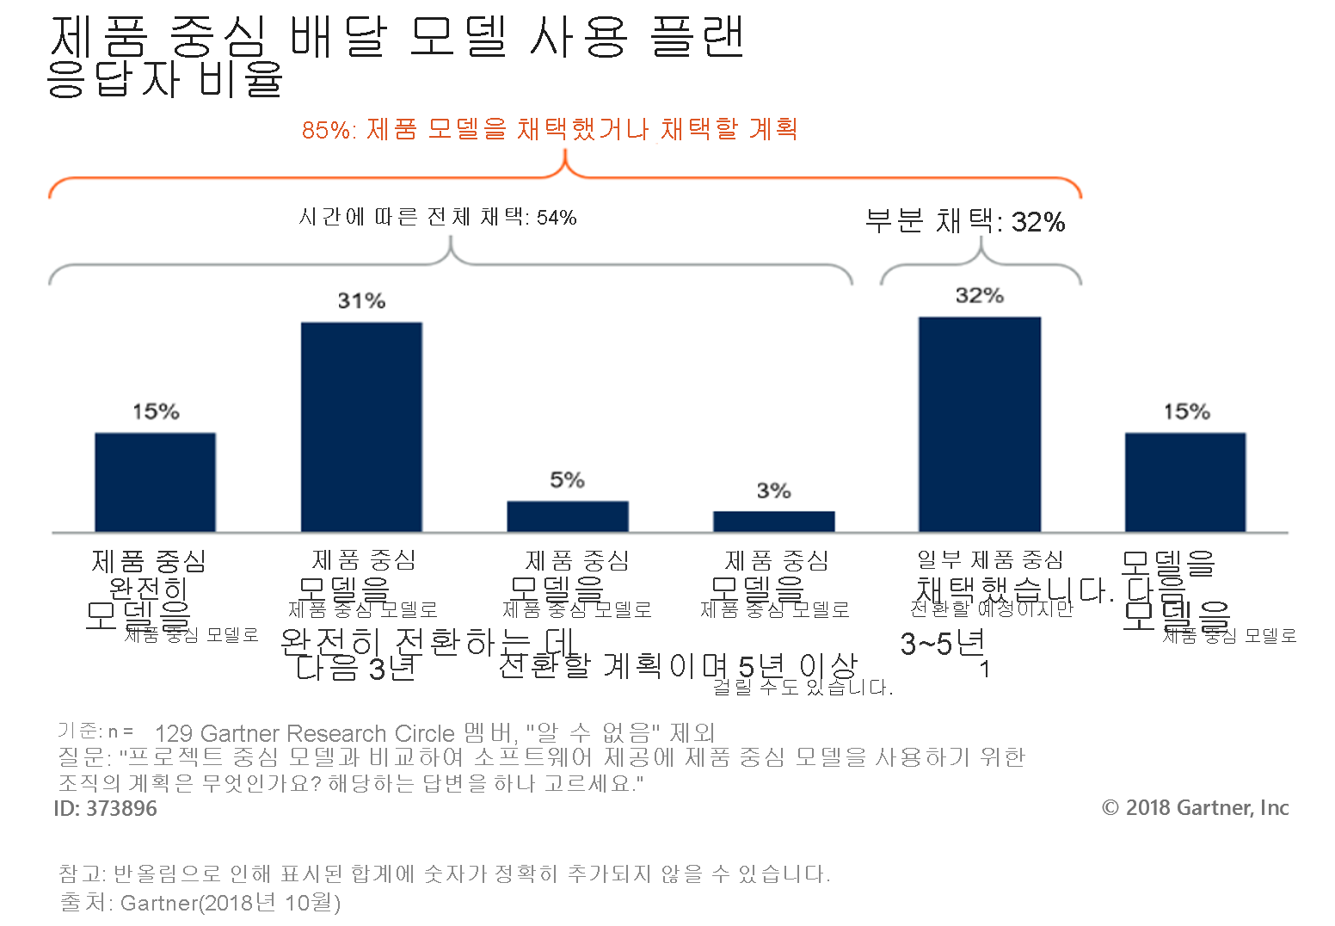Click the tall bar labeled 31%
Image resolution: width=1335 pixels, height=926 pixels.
pos(361,426)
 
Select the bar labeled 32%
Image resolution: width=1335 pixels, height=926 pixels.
pos(980,423)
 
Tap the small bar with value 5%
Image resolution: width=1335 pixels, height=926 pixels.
pos(568,516)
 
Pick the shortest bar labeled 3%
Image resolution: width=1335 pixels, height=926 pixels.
pos(774,522)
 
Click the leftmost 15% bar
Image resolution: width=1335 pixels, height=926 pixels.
pos(155,482)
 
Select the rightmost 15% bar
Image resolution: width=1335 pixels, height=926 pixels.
pos(1185,482)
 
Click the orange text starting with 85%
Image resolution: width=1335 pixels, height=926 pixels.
pos(550,129)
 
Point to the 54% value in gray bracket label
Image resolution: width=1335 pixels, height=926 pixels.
pos(557,218)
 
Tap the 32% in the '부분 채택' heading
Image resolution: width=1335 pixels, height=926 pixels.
pos(1038,222)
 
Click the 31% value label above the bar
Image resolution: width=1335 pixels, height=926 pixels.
pos(361,300)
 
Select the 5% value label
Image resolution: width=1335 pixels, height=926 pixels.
pos(568,479)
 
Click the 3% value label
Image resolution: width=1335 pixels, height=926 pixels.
pos(774,491)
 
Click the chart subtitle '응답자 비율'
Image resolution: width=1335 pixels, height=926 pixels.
pos(164,80)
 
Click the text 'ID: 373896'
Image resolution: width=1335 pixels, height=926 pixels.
pos(105,808)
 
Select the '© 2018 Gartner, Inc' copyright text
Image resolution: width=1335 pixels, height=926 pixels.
pos(1195,807)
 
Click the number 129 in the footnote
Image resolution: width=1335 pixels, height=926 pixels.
pos(174,733)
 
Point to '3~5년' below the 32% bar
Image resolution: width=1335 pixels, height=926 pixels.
pos(943,642)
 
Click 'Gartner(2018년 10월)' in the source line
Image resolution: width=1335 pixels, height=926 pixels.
pos(231,902)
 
